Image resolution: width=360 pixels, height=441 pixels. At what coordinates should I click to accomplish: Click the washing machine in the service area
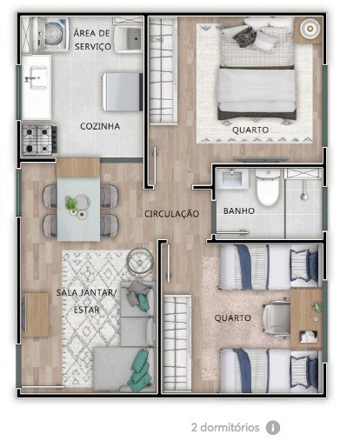[53, 35]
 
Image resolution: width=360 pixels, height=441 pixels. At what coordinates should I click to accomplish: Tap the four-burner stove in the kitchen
[40, 140]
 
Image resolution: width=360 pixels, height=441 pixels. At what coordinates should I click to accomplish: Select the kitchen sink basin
[37, 77]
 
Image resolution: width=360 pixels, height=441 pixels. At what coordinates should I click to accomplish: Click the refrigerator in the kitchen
[123, 91]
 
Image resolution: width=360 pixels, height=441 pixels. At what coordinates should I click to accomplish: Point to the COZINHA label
[100, 126]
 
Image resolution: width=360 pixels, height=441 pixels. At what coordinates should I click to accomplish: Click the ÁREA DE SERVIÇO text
[92, 40]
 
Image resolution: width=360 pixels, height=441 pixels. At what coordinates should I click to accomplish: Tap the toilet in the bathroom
[268, 187]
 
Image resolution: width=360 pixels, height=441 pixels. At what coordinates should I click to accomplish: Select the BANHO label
[239, 210]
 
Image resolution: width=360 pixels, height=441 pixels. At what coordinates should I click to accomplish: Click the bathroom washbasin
[233, 178]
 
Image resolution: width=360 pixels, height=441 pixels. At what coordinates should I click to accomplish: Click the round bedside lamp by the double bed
[310, 28]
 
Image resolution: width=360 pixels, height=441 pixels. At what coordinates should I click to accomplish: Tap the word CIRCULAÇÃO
[171, 214]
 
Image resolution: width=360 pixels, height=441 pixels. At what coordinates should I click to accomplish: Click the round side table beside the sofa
[140, 261]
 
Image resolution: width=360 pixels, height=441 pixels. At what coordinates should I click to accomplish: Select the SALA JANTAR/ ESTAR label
[86, 301]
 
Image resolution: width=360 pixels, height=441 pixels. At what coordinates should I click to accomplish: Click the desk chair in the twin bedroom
[277, 318]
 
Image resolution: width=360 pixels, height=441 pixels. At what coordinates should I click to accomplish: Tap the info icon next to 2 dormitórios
[273, 427]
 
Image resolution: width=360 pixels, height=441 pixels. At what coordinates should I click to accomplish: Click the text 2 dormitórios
[225, 427]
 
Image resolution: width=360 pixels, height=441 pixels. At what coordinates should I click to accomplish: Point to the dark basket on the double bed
[244, 37]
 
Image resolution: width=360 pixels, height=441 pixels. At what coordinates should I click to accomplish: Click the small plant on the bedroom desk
[317, 307]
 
